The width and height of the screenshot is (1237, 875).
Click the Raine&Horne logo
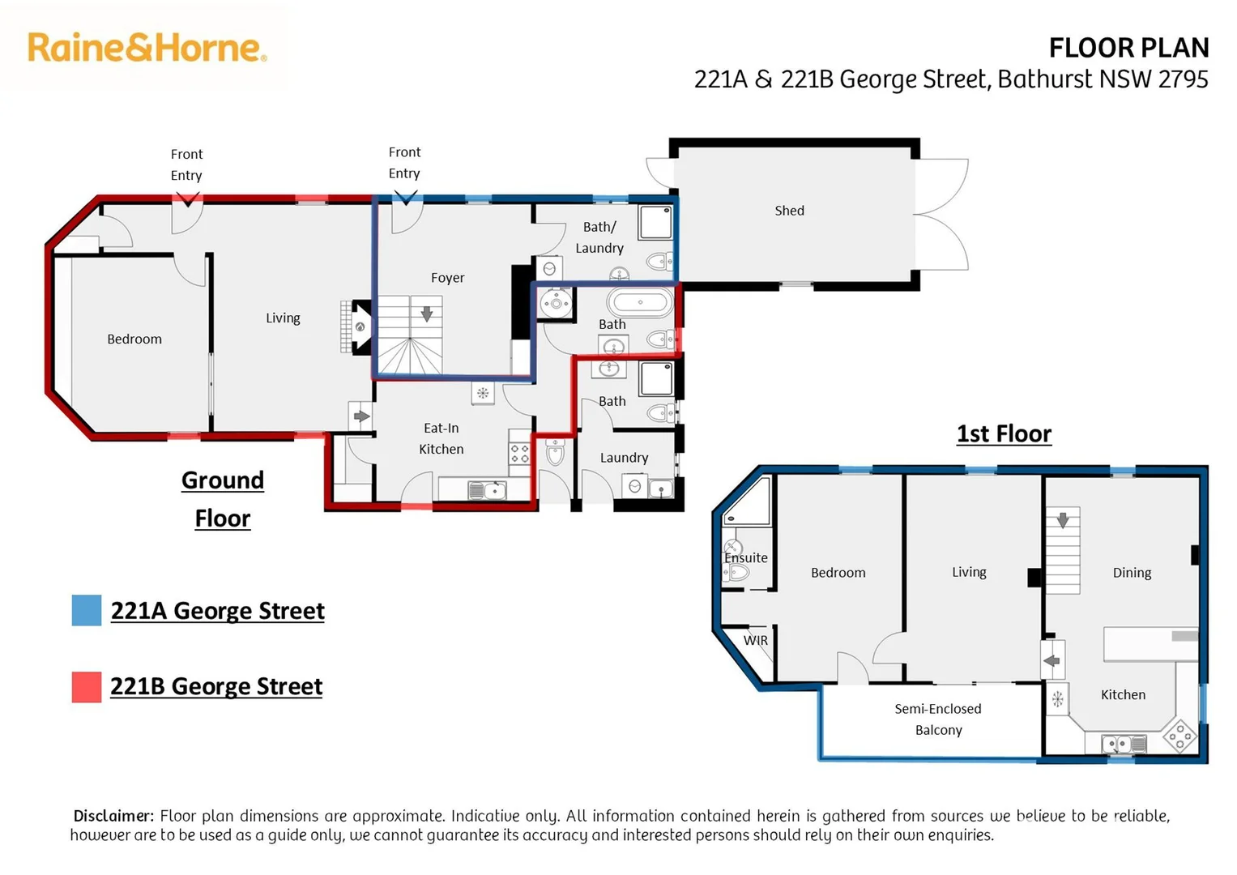point(147,48)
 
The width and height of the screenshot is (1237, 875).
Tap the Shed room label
point(789,211)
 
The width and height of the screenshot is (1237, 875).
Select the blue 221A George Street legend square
point(87,610)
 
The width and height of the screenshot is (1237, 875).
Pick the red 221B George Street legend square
point(87,687)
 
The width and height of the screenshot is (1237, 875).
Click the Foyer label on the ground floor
point(447,277)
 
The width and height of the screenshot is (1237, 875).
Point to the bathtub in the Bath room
point(640,303)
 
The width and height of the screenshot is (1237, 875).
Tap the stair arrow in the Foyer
point(426,314)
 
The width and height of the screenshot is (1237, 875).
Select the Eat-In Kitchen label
point(441,438)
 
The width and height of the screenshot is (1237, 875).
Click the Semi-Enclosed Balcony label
point(938,719)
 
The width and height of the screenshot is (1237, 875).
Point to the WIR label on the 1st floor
point(756,640)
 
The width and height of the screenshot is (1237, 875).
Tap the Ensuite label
point(746,558)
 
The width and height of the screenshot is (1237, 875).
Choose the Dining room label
point(1132,573)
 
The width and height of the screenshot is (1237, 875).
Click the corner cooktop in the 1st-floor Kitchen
point(1179,736)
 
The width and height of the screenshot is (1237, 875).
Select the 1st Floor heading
point(1004,434)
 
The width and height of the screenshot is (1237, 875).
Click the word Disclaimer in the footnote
point(113,816)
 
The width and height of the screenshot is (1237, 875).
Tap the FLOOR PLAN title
point(1128,48)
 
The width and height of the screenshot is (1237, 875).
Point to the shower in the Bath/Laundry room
point(655,223)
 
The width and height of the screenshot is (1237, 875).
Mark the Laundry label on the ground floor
point(624,458)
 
